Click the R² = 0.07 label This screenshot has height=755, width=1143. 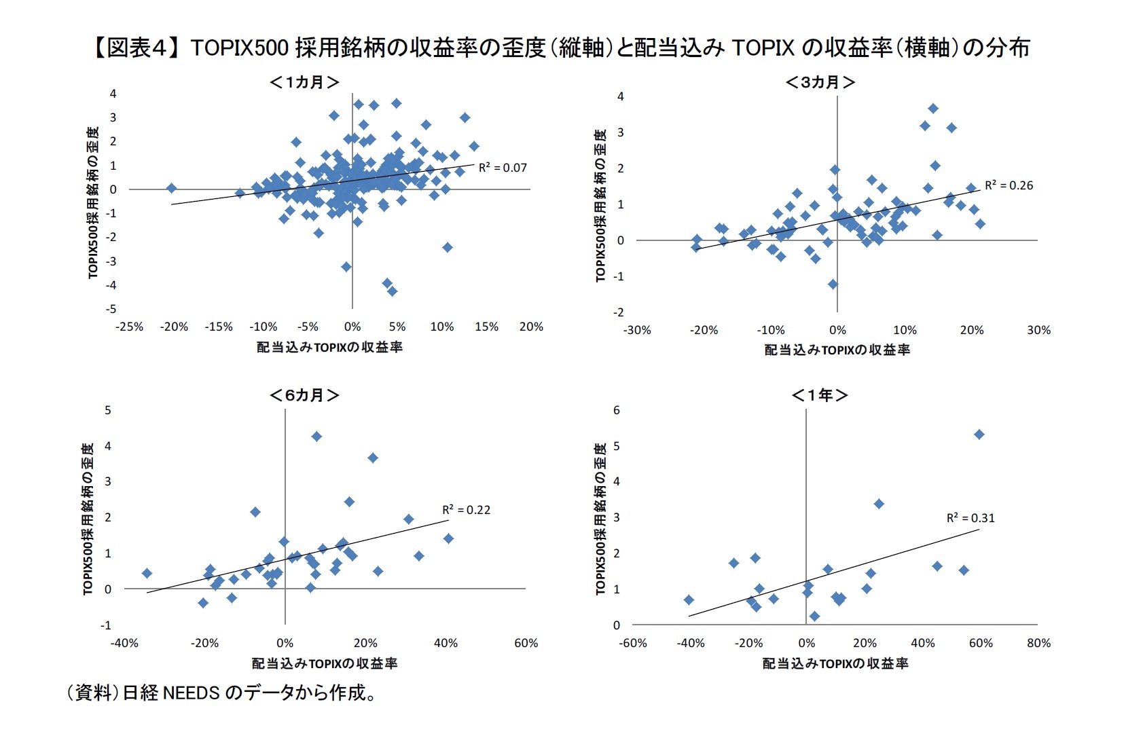(x=503, y=168)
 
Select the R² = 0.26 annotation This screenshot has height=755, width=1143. (x=1009, y=185)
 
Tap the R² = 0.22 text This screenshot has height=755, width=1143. (x=466, y=510)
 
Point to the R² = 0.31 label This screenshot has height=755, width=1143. (x=970, y=518)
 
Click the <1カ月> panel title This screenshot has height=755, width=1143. (x=304, y=83)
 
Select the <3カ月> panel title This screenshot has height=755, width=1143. (x=820, y=83)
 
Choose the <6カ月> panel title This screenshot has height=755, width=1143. (x=304, y=395)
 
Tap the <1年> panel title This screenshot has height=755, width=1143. (x=820, y=395)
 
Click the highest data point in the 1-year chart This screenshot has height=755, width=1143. (x=979, y=435)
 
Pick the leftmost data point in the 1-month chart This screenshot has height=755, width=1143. (x=171, y=188)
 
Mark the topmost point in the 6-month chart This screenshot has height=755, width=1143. (x=316, y=437)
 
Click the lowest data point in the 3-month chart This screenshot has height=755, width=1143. (x=833, y=284)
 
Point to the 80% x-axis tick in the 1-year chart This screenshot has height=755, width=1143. (x=1038, y=643)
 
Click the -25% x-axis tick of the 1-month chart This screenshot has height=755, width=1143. (x=129, y=327)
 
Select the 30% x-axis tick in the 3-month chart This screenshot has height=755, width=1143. (x=1038, y=330)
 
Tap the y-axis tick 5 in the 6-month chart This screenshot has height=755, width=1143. (x=108, y=410)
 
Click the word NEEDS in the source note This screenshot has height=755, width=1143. (x=191, y=693)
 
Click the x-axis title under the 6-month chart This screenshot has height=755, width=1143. (x=325, y=663)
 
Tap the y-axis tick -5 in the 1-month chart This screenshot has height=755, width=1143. (x=111, y=309)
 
